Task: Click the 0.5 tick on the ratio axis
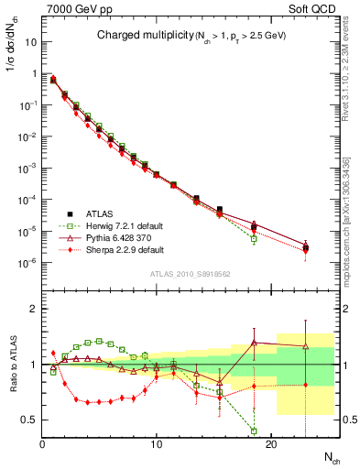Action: (x=30, y=420)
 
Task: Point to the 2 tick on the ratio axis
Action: (x=35, y=309)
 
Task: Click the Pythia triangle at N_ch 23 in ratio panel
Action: (x=305, y=346)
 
